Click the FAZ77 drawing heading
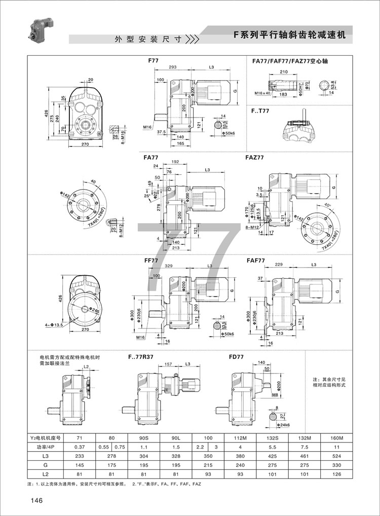click(254, 158)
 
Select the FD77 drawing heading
click(237, 357)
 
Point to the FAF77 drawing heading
click(256, 261)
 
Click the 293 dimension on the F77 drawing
click(173, 67)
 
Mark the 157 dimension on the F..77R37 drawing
click(170, 364)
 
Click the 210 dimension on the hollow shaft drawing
click(283, 71)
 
